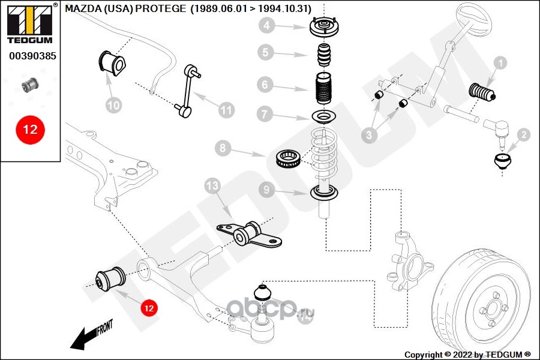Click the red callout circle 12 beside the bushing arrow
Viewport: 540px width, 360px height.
pos(148,308)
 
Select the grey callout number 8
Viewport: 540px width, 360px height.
pos(222,147)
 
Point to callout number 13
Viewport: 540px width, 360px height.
pos(213,187)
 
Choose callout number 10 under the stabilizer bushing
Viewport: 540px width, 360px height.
pos(113,105)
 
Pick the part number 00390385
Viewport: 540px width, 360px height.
pos(32,57)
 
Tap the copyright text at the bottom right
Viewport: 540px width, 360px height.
pos(467,355)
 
